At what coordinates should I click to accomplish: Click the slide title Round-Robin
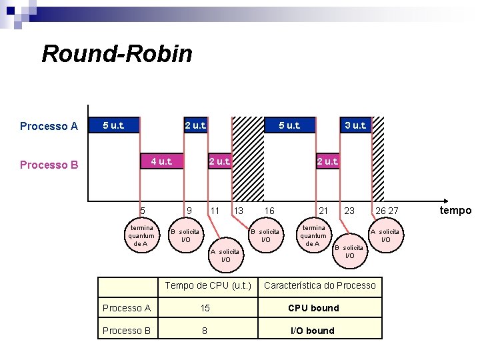(x=117, y=53)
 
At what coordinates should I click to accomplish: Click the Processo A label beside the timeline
(x=49, y=126)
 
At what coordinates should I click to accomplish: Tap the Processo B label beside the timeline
(x=49, y=165)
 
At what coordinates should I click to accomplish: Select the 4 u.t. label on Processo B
(x=161, y=161)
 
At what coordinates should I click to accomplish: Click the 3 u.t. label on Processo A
(x=355, y=125)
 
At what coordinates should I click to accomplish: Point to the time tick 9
(x=189, y=211)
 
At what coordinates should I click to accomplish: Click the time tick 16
(x=269, y=211)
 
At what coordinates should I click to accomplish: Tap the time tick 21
(x=323, y=211)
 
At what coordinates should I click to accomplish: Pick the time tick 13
(x=237, y=211)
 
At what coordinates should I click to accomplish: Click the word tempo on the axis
(x=456, y=211)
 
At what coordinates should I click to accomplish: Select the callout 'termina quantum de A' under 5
(x=141, y=235)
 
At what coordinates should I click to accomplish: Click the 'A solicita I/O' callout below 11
(x=225, y=255)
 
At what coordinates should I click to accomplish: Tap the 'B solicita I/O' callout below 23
(x=349, y=251)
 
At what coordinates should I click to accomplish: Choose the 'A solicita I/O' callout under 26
(x=385, y=235)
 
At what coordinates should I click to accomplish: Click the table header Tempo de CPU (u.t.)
(x=208, y=286)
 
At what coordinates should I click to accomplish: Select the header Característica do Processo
(x=320, y=286)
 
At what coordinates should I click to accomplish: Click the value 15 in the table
(x=205, y=308)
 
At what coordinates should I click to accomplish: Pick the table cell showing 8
(x=205, y=331)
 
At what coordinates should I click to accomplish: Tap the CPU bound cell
(x=313, y=308)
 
